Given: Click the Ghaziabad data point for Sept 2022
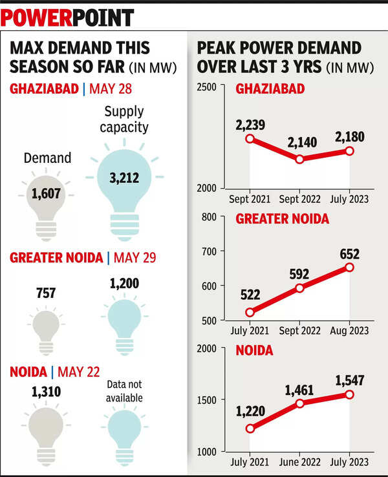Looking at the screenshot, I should point(299,158).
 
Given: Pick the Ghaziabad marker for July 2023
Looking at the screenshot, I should point(350,151).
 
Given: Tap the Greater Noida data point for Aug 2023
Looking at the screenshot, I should point(350,267).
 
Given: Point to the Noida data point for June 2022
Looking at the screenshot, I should point(299,403).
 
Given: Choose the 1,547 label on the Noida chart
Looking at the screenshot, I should point(349,381).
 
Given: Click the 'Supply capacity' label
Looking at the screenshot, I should point(124,120).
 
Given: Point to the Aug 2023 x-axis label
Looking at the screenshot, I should point(350,330).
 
